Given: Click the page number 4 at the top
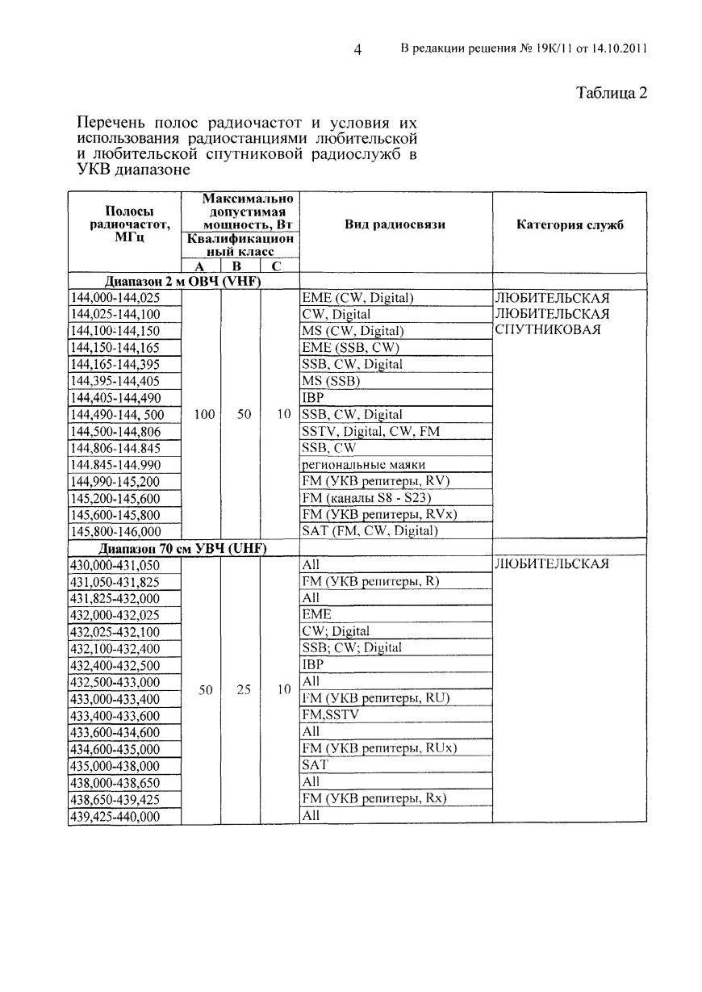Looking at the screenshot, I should coord(357,50).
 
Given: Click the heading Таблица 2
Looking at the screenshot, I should coord(612,92).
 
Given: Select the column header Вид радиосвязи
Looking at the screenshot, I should coord(395,225).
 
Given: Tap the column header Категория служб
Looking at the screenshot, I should coord(570,225).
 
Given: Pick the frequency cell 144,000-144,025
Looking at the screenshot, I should coord(115,298).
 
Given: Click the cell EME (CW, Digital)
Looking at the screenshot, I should coord(357,298).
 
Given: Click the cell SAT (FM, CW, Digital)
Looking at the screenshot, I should coord(370,531).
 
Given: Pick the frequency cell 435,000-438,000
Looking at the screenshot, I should coord(115,766).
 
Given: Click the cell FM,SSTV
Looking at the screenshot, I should coord(330,715).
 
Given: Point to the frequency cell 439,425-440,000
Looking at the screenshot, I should coord(115,816).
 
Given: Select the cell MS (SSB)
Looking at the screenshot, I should coord(331,381).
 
